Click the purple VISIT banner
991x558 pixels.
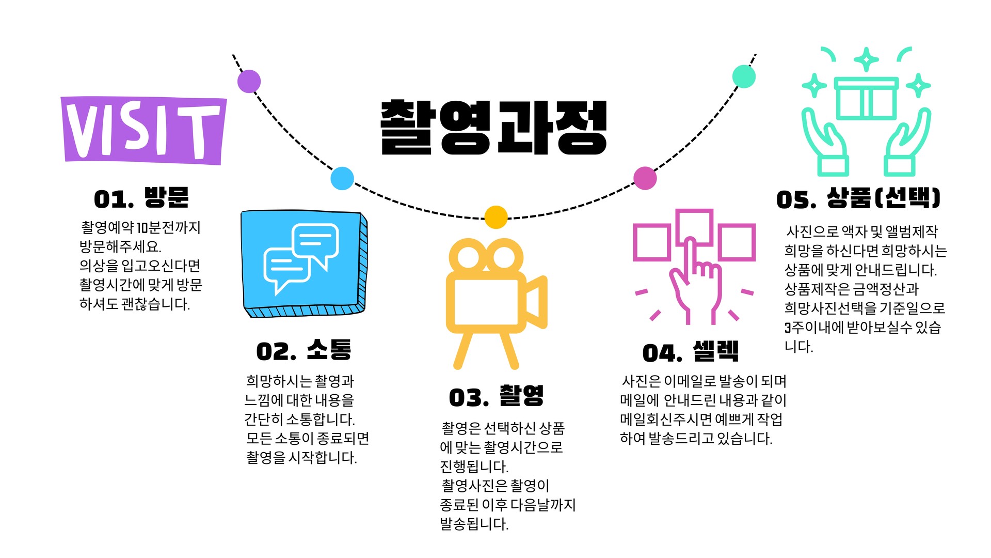[x=143, y=130]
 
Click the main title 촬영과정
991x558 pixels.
[x=493, y=128]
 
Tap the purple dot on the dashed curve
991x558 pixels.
[x=249, y=81]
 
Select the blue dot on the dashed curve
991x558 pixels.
[x=342, y=178]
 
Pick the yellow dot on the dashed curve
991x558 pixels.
[x=496, y=217]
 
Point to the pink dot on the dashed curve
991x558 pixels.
[x=645, y=178]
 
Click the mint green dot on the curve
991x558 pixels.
[x=744, y=77]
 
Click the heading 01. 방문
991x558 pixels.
[x=141, y=198]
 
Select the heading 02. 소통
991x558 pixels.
[x=303, y=351]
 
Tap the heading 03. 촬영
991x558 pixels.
[x=496, y=397]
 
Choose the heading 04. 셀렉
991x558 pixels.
[x=690, y=352]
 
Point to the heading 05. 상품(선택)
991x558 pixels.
[x=858, y=198]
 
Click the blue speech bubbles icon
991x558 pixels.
[x=303, y=263]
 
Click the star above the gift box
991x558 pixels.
[x=866, y=60]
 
